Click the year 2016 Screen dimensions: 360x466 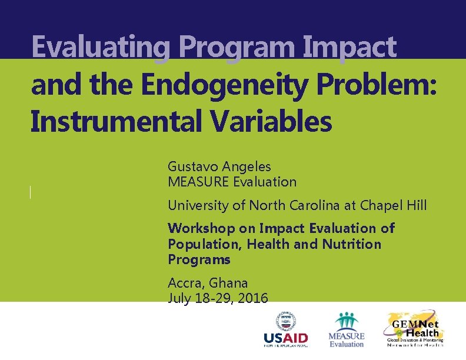click(251, 298)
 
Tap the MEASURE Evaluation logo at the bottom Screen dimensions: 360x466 click(346, 330)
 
